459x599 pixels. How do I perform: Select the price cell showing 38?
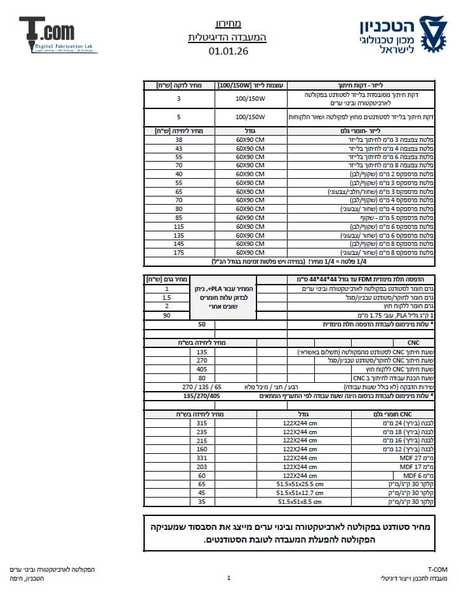pos(179,139)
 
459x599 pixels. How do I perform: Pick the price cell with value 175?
pos(179,252)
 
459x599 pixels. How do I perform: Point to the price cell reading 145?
pos(179,243)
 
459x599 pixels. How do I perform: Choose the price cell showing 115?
pos(179,226)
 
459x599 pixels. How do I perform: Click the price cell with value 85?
pos(179,217)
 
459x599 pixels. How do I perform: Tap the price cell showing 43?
pos(179,148)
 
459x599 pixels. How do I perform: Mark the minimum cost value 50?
pos(202,325)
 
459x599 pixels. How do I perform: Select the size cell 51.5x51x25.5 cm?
pos(300,484)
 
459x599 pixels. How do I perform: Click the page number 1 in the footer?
pos(229,578)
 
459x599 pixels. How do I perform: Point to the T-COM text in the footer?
pos(437,569)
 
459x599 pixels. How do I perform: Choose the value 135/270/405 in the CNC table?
pos(202,396)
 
